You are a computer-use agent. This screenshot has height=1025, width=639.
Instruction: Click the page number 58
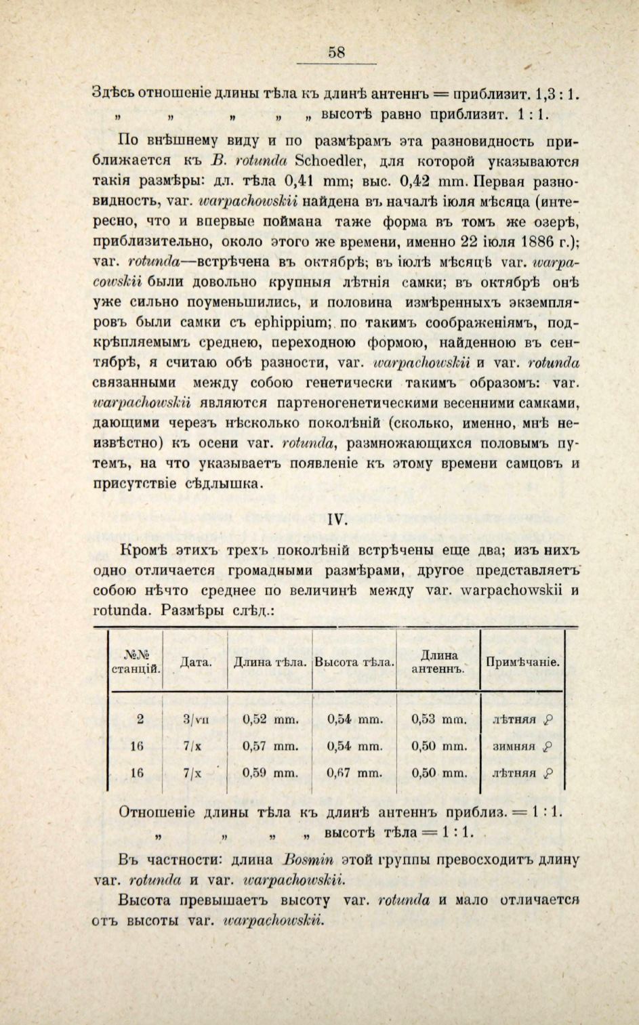point(337,51)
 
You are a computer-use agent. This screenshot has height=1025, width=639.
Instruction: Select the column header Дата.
point(195,662)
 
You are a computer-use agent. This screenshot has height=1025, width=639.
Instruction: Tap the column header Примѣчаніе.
point(522,662)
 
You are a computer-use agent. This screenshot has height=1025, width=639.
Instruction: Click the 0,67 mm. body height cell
point(354,772)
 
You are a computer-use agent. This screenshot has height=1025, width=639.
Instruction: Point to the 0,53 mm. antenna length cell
point(439,719)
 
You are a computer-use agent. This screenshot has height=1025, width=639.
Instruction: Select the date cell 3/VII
point(195,720)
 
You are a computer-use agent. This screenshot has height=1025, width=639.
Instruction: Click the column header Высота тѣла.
point(354,662)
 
